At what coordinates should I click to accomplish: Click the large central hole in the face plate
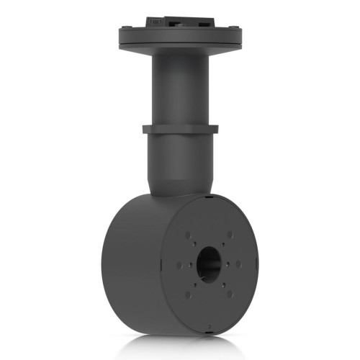208,263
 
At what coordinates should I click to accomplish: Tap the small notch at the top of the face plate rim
207,196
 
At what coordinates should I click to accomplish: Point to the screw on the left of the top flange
127,28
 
